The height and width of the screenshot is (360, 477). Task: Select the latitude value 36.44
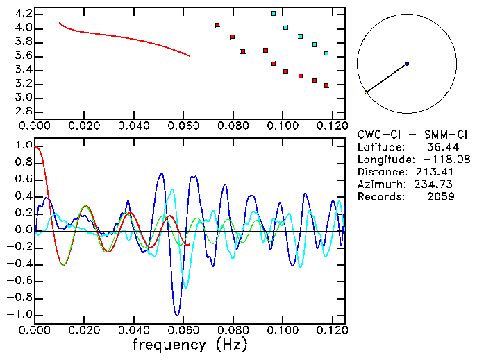(440, 147)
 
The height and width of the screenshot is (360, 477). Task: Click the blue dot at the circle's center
(407, 64)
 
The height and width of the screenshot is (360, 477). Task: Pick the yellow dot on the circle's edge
(367, 92)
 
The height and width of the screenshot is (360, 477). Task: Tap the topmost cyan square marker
(274, 14)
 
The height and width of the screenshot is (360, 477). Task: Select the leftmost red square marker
(217, 25)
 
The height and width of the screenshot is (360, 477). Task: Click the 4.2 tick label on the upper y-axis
(23, 14)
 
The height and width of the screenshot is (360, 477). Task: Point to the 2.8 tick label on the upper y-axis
(23, 111)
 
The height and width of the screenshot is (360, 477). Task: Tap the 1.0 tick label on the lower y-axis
(23, 146)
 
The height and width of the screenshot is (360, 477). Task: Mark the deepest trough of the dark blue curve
(178, 315)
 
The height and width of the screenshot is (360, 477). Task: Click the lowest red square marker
(326, 86)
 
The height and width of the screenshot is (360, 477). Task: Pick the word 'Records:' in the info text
(380, 197)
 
